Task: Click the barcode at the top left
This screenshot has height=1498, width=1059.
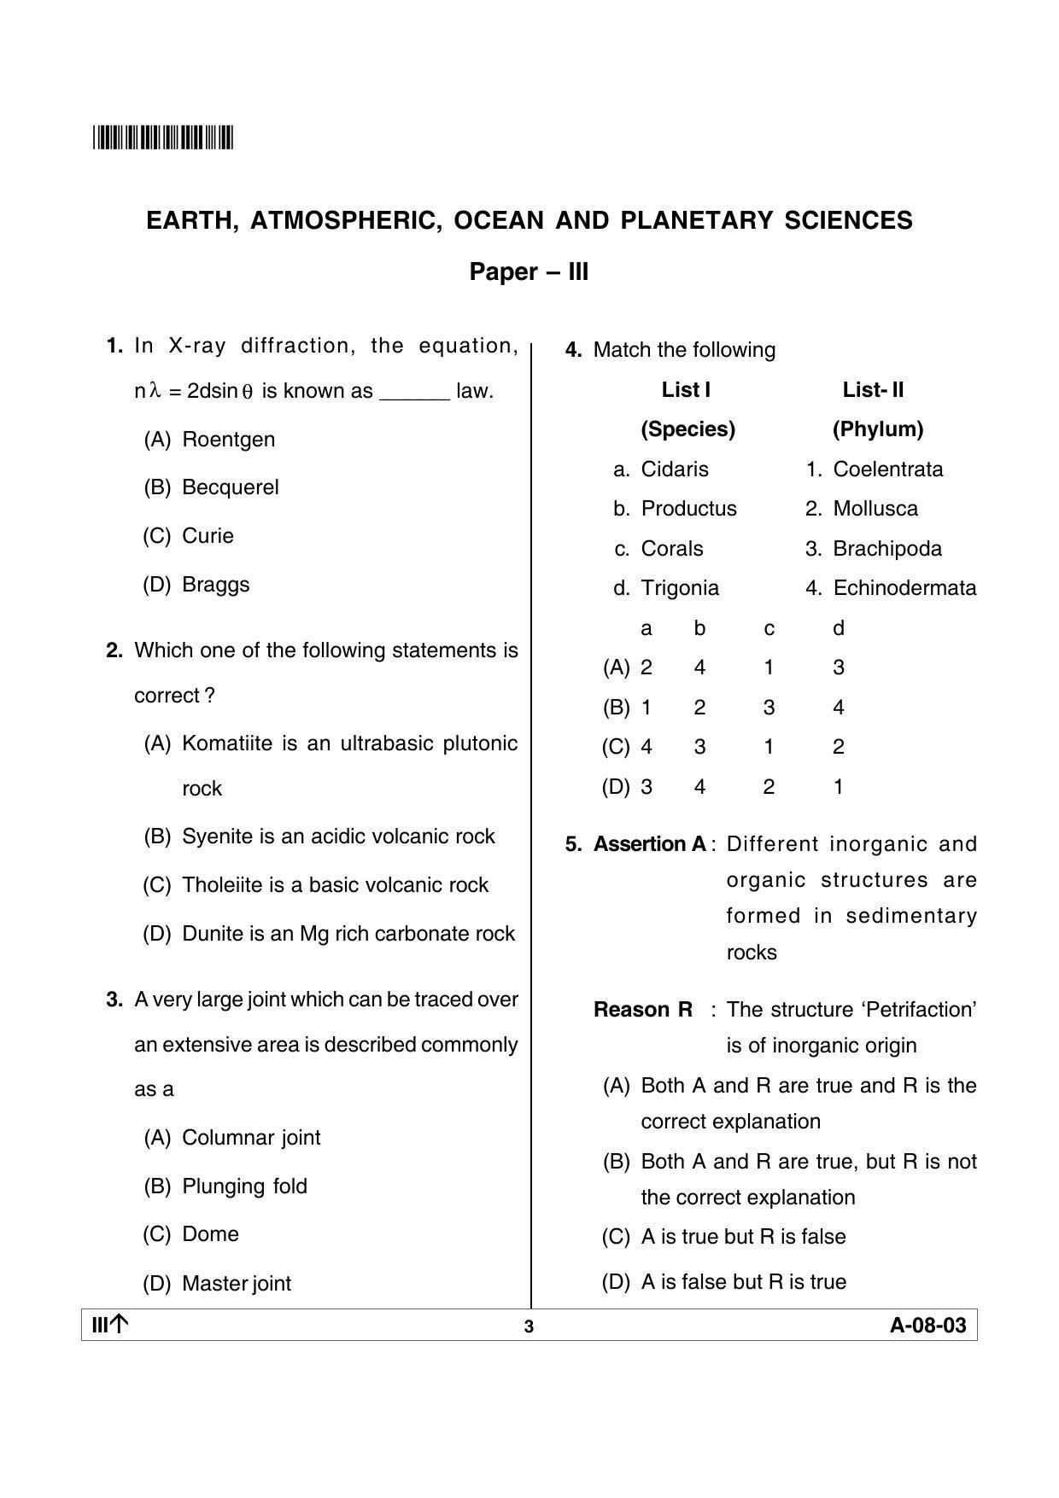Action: (162, 137)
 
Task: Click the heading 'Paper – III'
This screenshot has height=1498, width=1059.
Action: (529, 272)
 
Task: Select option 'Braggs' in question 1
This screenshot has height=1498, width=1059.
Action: (215, 585)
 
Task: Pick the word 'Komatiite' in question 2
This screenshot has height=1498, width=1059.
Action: (226, 743)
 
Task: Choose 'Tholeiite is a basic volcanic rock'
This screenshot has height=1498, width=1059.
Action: (335, 885)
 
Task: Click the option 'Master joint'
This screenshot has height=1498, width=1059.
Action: (237, 1283)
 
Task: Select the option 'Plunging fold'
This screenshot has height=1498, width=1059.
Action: (244, 1186)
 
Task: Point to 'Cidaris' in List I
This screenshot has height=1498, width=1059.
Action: (675, 469)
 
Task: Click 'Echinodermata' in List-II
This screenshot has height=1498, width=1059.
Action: (904, 588)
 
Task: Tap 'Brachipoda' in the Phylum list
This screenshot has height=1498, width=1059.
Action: (886, 549)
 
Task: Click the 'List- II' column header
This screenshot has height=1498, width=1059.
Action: (873, 390)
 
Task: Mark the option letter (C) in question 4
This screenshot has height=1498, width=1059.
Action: (615, 747)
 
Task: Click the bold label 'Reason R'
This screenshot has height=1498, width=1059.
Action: (642, 1010)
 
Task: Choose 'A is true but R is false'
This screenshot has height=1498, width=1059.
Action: (743, 1237)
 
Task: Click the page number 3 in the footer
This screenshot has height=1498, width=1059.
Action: (529, 1326)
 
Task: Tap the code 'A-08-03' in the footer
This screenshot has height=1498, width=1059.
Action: (927, 1326)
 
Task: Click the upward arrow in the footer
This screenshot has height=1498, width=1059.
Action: (120, 1325)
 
